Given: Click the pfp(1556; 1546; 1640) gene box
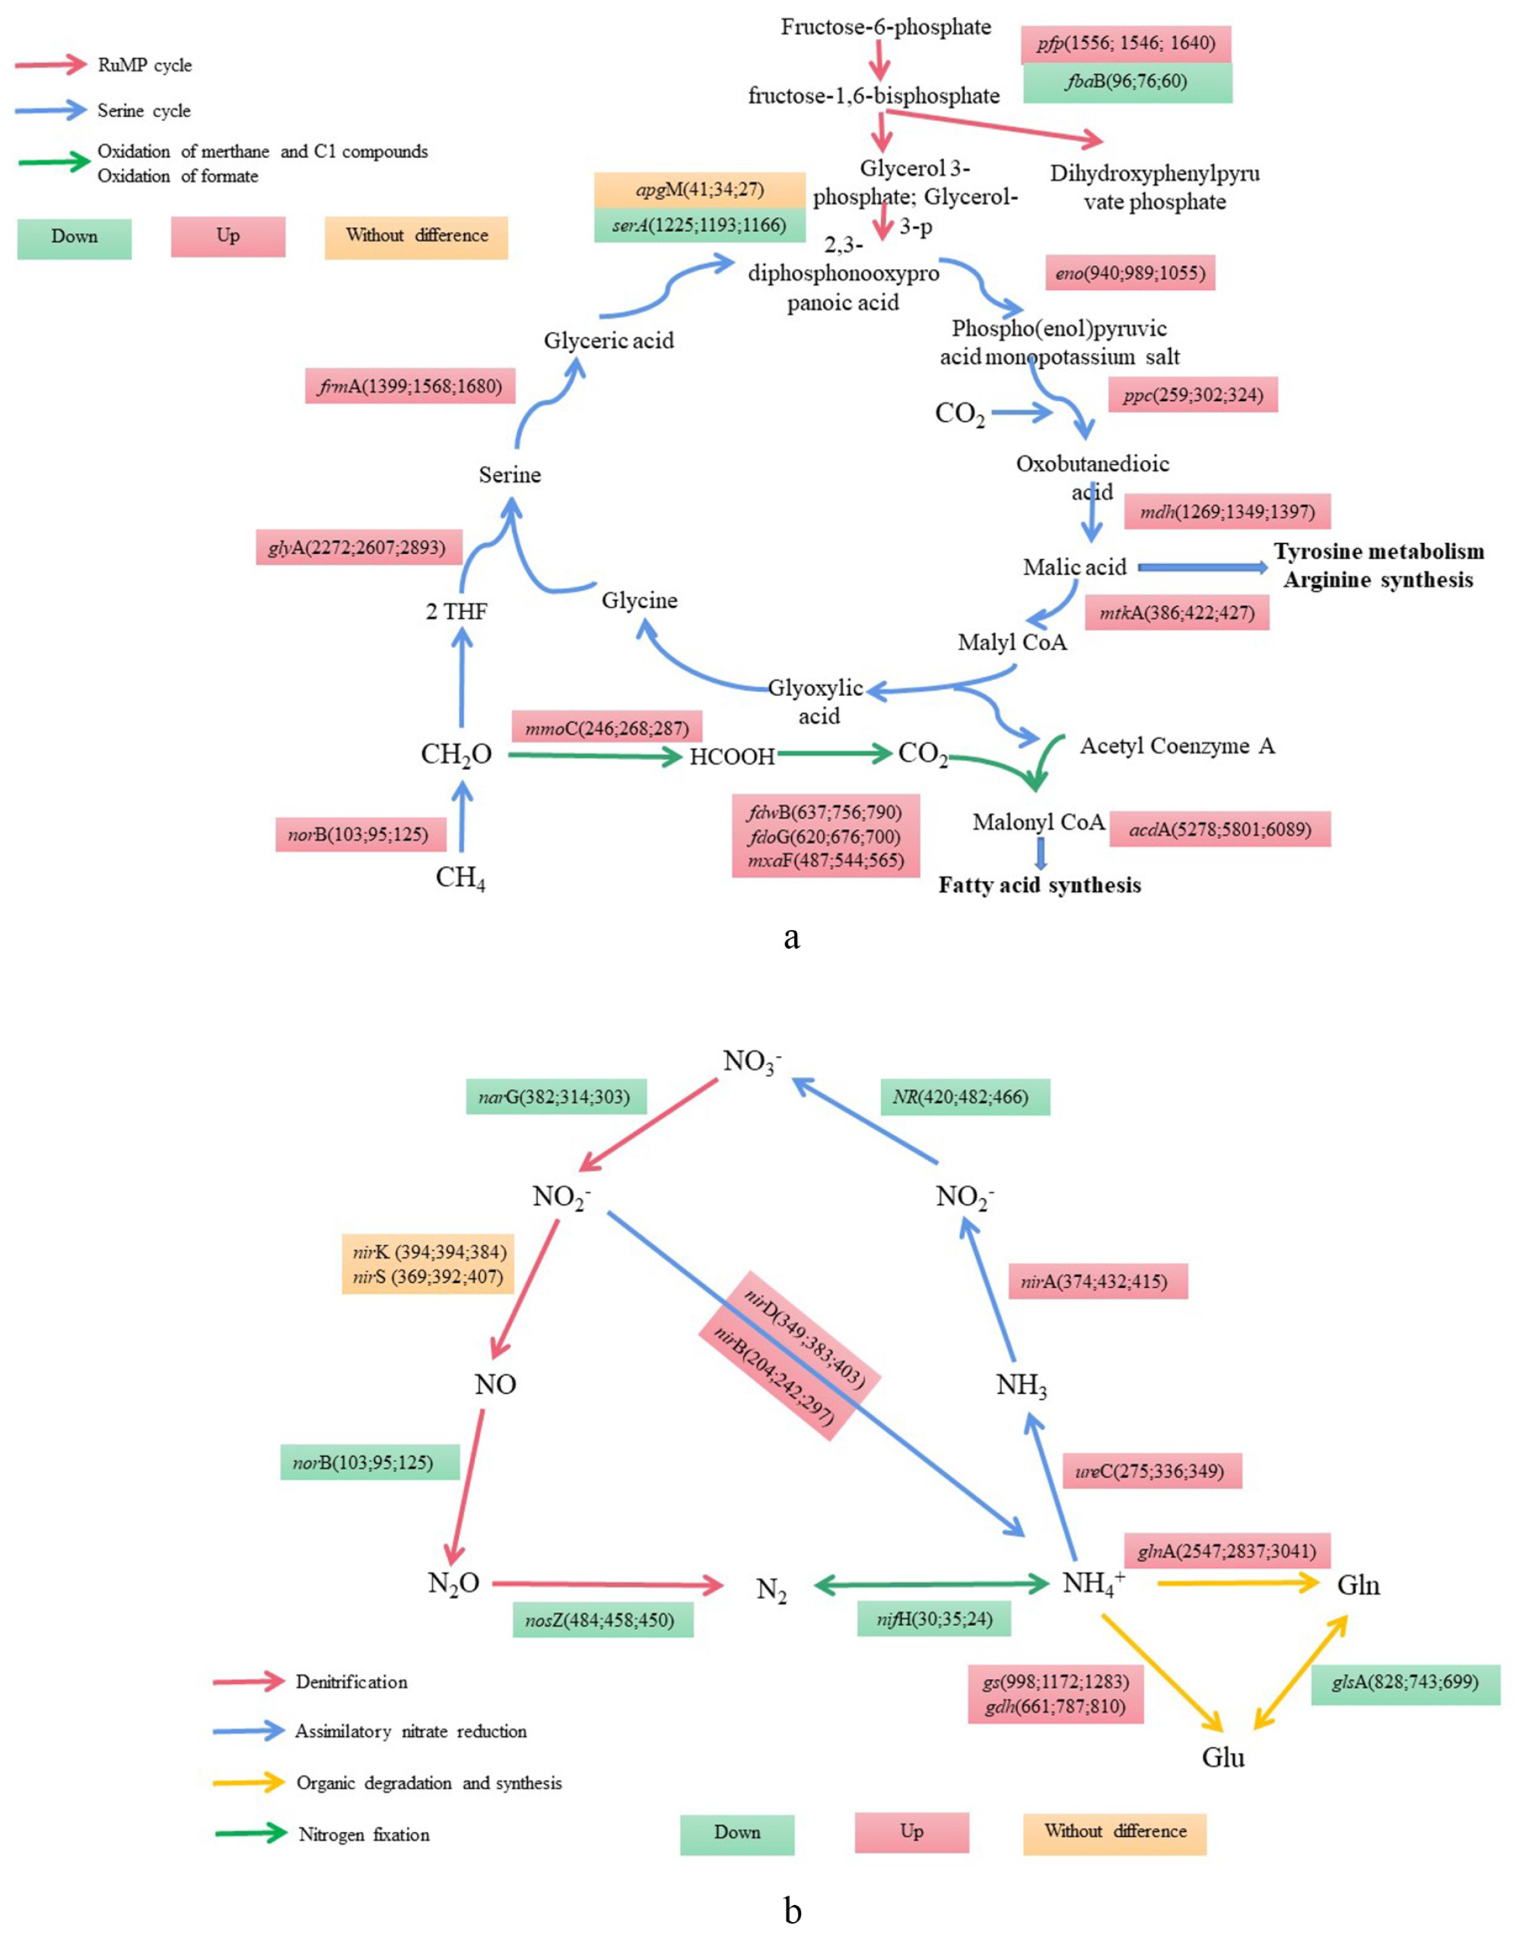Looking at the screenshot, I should pos(1127,43).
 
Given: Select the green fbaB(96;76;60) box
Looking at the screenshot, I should pos(1127,82).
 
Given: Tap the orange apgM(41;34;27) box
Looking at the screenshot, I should pos(700,190).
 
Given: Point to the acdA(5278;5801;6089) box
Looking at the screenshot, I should pos(1220,829).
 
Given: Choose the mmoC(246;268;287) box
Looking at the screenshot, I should pos(607,728).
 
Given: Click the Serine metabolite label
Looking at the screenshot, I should pos(509,475).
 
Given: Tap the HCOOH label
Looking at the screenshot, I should pos(732,756).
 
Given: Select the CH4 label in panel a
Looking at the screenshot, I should pos(460,878).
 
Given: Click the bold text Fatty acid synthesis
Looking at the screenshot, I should pos(1040,885).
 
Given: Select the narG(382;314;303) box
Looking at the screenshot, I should pos(556,1097).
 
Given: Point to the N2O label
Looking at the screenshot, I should pos(454,1583).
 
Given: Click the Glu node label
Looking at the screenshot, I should pos(1223,1757).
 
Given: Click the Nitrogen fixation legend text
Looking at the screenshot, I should pos(364,1834).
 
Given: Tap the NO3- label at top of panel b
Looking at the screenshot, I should pos(752,1062).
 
